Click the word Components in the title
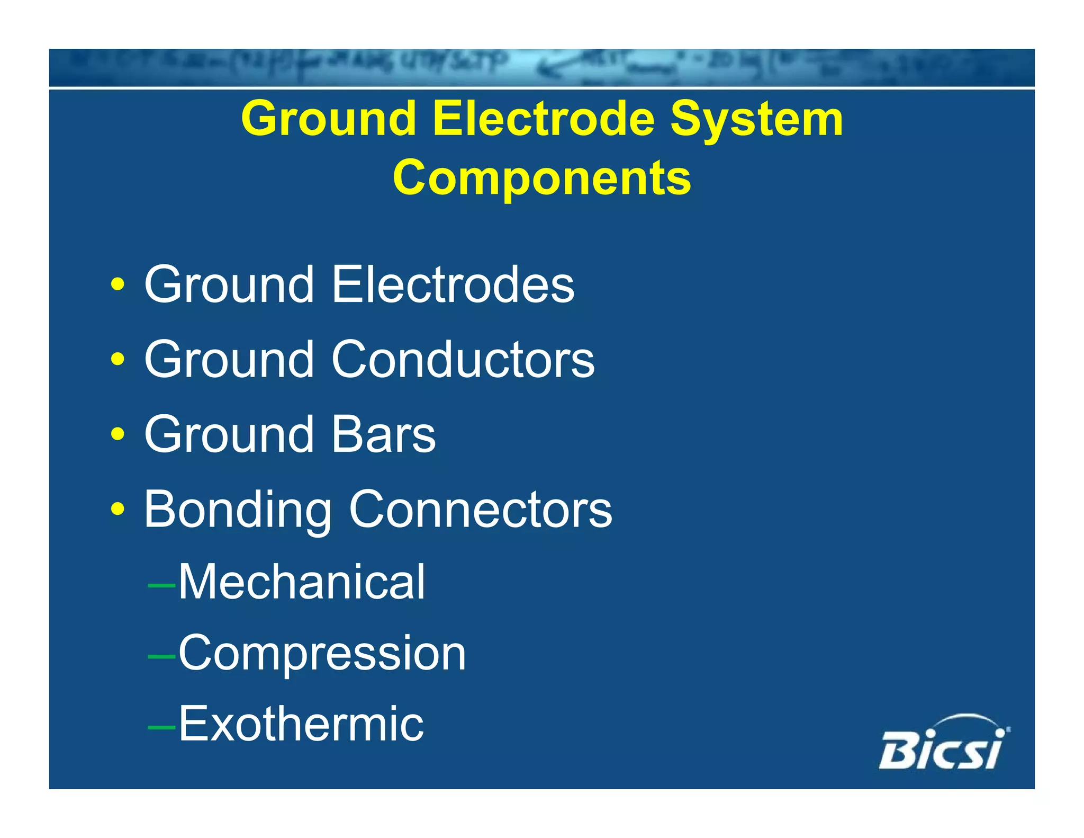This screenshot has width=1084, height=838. click(x=541, y=178)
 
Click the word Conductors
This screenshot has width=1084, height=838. click(x=463, y=360)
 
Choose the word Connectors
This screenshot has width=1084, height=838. click(x=480, y=510)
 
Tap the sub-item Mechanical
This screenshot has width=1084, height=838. click(x=301, y=582)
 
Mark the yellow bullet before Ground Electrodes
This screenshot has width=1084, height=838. click(x=118, y=285)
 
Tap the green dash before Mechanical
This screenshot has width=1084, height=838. click(x=161, y=585)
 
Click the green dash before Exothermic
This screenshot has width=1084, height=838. click(x=161, y=727)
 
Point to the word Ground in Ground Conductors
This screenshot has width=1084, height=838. click(x=229, y=360)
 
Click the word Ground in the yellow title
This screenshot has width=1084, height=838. click(x=328, y=120)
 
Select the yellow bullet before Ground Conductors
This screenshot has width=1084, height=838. click(x=118, y=360)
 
